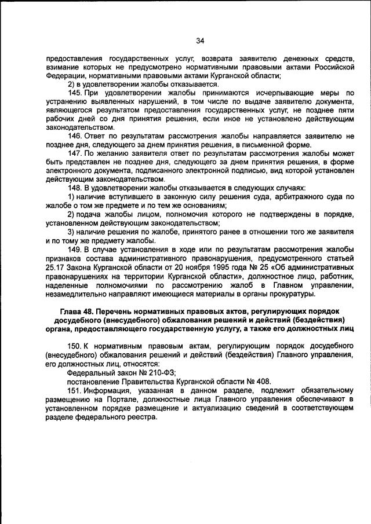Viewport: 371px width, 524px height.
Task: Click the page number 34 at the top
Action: tap(201, 41)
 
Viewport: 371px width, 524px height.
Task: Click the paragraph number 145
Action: tap(75, 92)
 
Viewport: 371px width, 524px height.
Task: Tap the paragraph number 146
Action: tap(75, 135)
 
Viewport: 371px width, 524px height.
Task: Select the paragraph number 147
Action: tap(75, 153)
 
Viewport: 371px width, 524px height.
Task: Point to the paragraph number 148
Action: tap(75, 188)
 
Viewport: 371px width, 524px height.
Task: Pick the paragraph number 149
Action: tap(75, 249)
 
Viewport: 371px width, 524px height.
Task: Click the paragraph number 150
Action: tap(75, 346)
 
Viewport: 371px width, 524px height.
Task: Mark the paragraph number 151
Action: tap(75, 390)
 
